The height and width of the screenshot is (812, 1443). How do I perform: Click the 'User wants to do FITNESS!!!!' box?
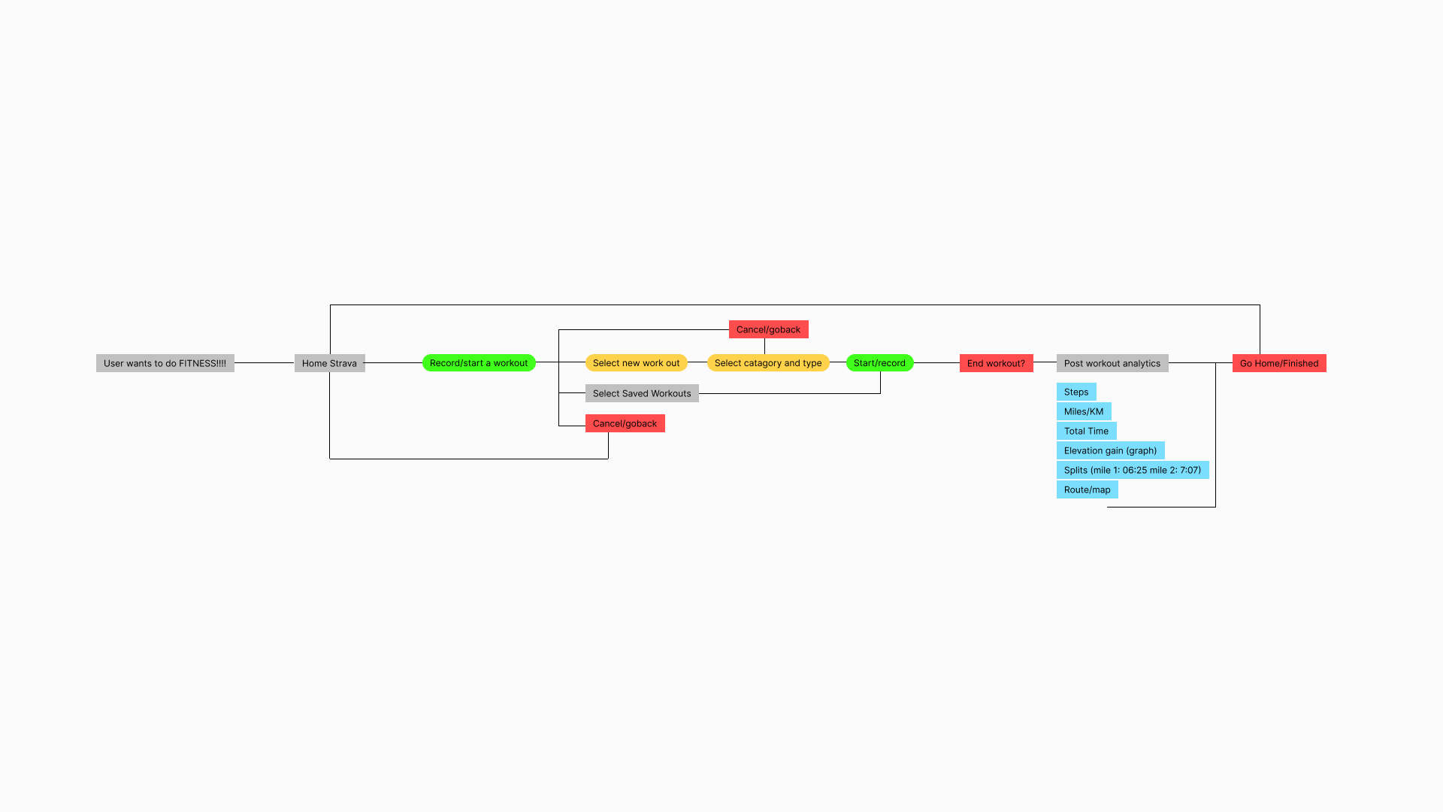click(x=165, y=363)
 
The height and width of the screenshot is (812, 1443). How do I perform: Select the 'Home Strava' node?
click(x=329, y=363)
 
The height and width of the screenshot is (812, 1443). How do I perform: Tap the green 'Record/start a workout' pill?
click(x=479, y=363)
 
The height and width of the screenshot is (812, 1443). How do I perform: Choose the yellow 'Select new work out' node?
click(x=636, y=363)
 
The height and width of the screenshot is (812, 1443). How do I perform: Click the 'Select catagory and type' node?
click(x=767, y=363)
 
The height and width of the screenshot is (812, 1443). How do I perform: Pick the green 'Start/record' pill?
click(x=879, y=363)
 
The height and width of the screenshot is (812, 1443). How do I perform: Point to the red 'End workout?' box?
click(x=996, y=363)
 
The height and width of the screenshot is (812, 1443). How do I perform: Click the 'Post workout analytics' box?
click(x=1112, y=363)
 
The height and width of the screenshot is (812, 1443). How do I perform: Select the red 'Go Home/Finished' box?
click(x=1278, y=363)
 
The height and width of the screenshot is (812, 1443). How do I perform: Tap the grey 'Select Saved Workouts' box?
click(x=641, y=393)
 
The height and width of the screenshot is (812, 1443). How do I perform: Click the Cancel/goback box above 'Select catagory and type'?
click(x=768, y=329)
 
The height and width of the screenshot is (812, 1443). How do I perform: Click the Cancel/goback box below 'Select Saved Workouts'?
click(x=625, y=423)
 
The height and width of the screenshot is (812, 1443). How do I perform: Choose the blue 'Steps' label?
click(x=1075, y=392)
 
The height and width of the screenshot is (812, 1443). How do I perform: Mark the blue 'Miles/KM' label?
click(x=1083, y=411)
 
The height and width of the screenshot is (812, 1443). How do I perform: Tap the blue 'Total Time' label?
click(x=1086, y=431)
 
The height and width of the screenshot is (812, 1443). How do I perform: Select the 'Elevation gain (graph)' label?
click(x=1110, y=450)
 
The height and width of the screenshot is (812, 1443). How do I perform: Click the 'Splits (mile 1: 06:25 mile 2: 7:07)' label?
click(x=1132, y=470)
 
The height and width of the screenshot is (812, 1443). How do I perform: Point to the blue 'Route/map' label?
click(x=1087, y=489)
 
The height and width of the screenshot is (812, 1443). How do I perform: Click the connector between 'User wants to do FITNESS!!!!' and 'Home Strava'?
click(x=264, y=363)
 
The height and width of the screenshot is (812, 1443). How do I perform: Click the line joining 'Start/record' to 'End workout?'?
click(x=936, y=363)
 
